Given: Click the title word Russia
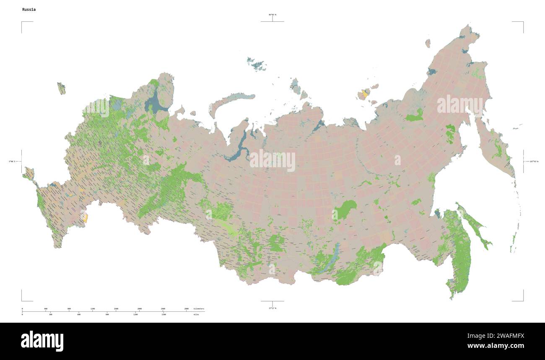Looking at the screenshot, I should point(29,9).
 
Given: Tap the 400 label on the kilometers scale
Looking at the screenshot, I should point(46,309).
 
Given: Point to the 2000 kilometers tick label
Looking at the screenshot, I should point(140,309).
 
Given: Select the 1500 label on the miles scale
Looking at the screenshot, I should point(163,314).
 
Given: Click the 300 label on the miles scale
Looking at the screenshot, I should point(50,314).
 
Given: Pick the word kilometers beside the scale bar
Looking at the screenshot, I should point(199,309).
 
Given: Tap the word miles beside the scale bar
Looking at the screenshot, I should point(196,314).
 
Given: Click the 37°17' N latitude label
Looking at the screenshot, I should point(272,308).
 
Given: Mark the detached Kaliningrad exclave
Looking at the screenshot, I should point(61,88).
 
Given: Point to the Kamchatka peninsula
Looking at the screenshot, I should point(497,147).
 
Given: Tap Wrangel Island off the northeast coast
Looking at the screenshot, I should point(428,43).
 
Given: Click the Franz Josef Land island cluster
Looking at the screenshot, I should point(257,64).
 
